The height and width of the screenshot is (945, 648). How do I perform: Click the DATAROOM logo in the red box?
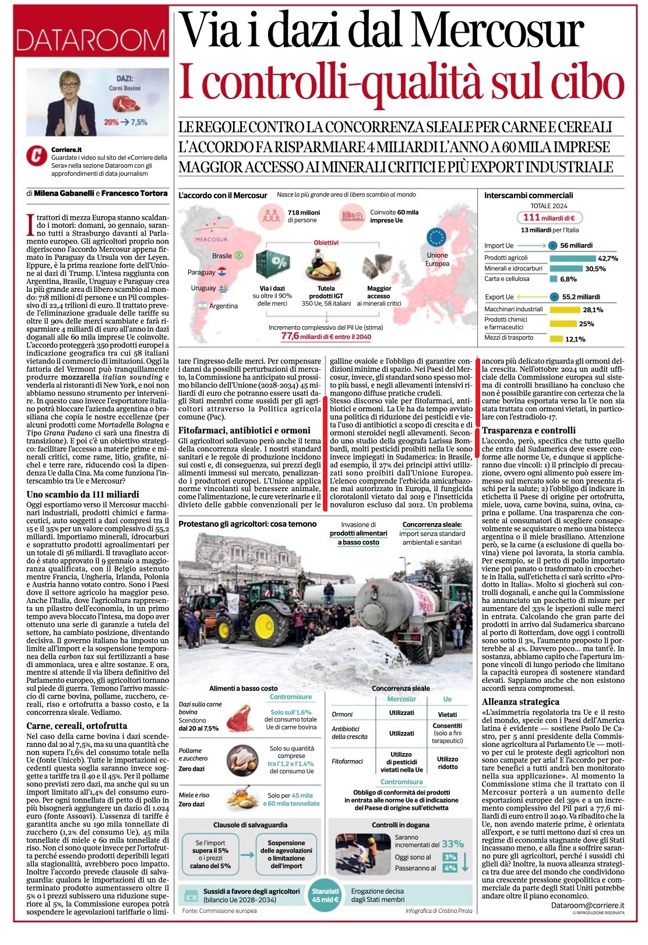click(x=90, y=40)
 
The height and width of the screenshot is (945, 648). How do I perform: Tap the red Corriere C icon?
click(x=37, y=156)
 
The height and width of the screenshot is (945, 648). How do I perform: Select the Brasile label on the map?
click(x=222, y=256)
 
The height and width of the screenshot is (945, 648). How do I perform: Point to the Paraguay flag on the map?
click(x=222, y=271)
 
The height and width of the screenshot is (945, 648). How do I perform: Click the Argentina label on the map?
click(x=223, y=306)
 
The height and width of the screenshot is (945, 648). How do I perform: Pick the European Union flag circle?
click(x=436, y=238)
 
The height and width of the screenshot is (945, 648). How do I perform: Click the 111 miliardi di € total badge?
click(x=549, y=217)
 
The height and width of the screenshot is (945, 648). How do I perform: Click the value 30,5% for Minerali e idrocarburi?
click(x=595, y=269)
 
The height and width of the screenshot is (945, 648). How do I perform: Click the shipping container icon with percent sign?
click(x=273, y=265)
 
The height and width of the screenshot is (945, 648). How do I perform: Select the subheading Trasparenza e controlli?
click(x=520, y=431)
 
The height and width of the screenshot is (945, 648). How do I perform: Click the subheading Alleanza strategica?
click(x=520, y=701)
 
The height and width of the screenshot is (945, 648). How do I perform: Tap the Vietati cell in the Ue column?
click(x=447, y=714)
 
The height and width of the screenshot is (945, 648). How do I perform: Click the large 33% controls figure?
click(x=453, y=844)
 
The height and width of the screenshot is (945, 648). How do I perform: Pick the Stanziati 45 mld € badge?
click(x=325, y=895)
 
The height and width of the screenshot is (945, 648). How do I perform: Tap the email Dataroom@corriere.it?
click(x=587, y=905)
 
